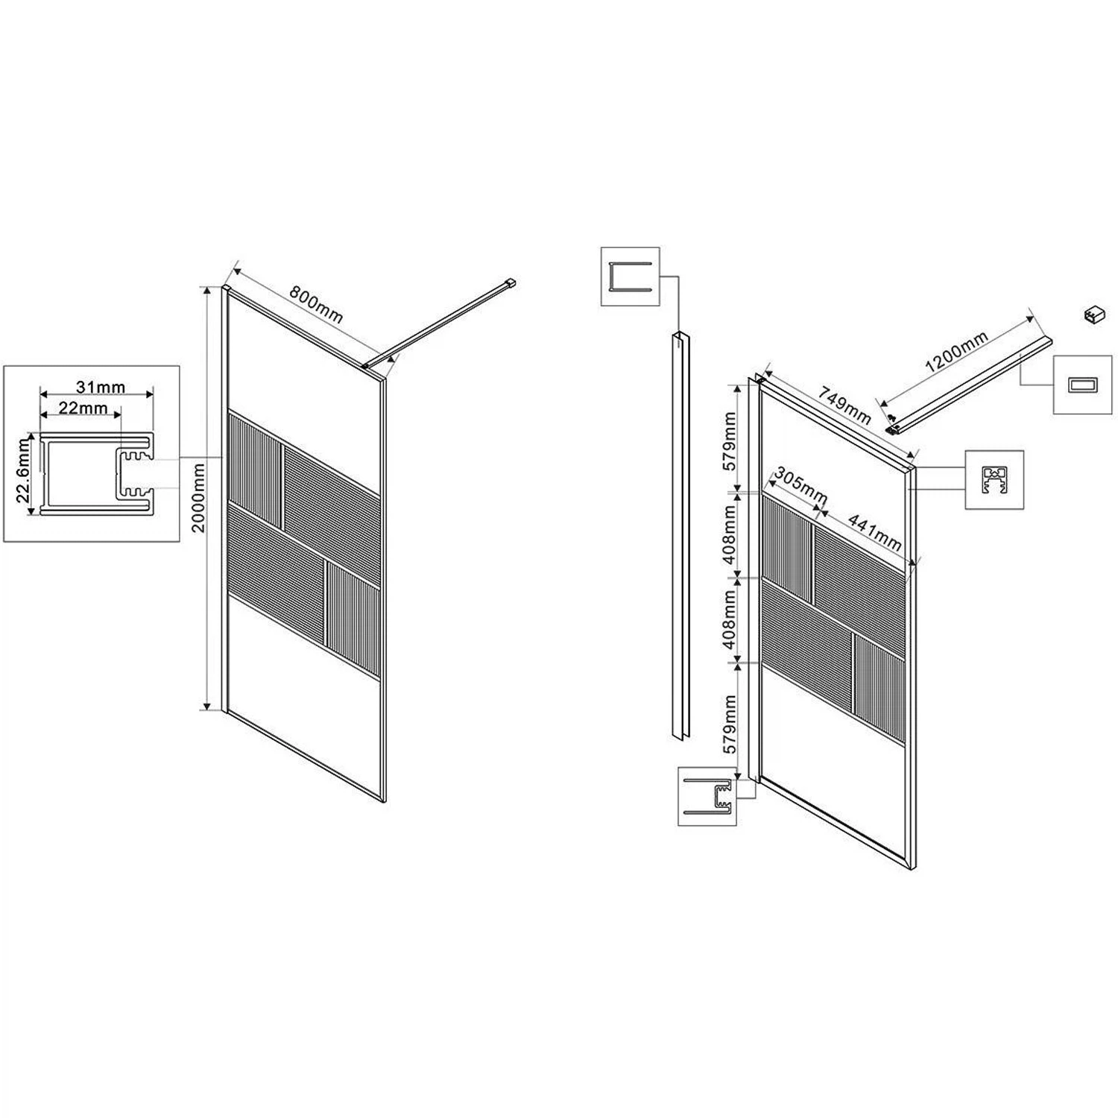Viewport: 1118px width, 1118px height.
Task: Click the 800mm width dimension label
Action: [316, 304]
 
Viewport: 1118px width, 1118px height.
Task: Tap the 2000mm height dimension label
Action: [198, 498]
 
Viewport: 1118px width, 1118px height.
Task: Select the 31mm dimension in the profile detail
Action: [101, 388]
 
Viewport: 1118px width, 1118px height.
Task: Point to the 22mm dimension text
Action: [83, 408]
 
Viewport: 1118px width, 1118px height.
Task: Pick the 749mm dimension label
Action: [844, 403]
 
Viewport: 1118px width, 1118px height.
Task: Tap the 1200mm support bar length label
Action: [956, 352]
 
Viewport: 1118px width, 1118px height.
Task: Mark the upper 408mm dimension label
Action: [730, 534]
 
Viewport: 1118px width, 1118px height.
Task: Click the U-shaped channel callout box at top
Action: [631, 277]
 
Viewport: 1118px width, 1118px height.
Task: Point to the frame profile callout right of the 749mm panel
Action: [994, 479]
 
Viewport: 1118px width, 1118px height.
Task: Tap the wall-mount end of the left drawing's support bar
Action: [511, 282]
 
